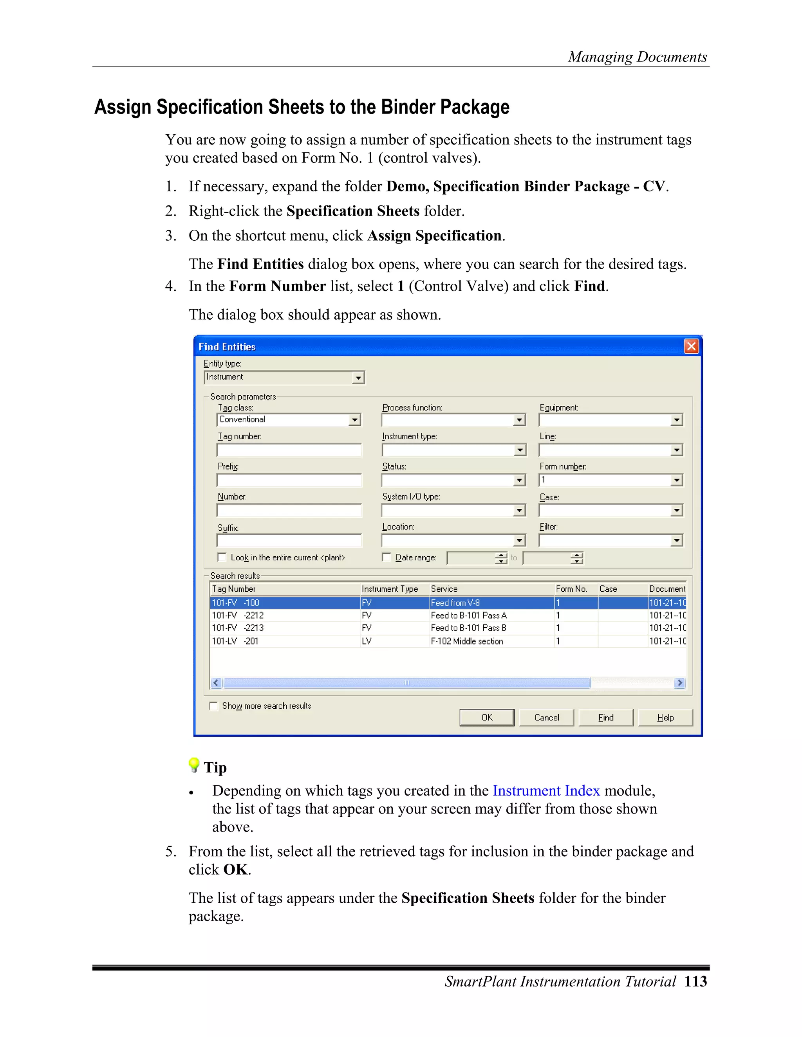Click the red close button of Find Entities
[x=691, y=346]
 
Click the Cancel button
[x=546, y=717]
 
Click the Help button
[x=665, y=717]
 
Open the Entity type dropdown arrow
[x=358, y=378]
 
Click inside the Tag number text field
[x=289, y=450]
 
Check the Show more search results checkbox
[x=214, y=706]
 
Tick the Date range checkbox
[x=387, y=557]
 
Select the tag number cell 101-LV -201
[x=236, y=641]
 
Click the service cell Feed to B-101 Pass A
[x=468, y=616]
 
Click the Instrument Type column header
[x=390, y=589]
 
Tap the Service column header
[x=444, y=589]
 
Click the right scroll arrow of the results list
[x=679, y=683]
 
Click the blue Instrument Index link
[x=546, y=790]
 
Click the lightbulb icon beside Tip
[x=194, y=765]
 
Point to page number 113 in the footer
[x=695, y=981]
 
